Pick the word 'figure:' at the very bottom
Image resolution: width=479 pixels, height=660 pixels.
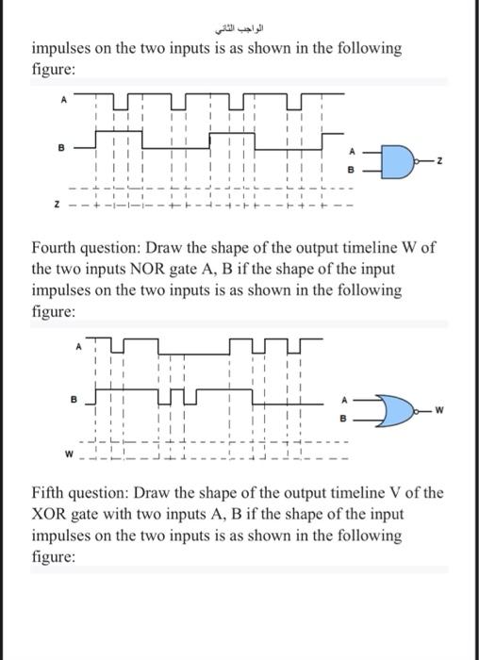56,555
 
